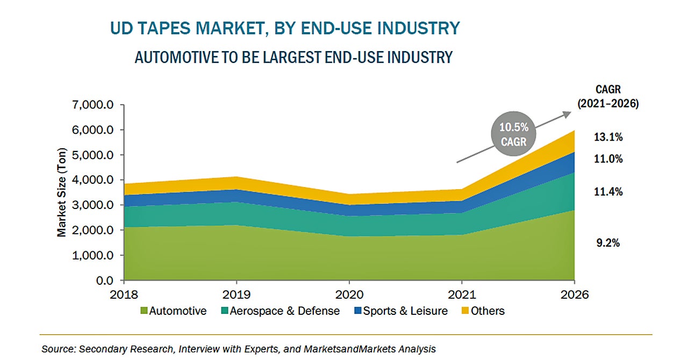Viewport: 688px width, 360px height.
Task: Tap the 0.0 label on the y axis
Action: click(104, 280)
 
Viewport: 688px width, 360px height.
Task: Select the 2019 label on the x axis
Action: click(236, 294)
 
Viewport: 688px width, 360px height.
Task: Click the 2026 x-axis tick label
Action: click(575, 294)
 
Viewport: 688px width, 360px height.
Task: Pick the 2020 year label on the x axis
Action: click(349, 294)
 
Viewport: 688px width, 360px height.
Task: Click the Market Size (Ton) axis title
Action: click(61, 192)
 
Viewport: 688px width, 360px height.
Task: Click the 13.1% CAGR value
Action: click(608, 138)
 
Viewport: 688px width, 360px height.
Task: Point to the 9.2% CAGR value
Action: click(608, 243)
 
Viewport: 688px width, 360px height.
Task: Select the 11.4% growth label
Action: click(608, 191)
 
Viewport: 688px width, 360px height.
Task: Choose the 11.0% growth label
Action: click(608, 159)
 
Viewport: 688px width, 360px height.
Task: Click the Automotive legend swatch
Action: click(144, 311)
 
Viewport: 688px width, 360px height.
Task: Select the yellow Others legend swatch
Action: click(465, 311)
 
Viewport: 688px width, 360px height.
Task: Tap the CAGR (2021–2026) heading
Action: click(608, 97)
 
